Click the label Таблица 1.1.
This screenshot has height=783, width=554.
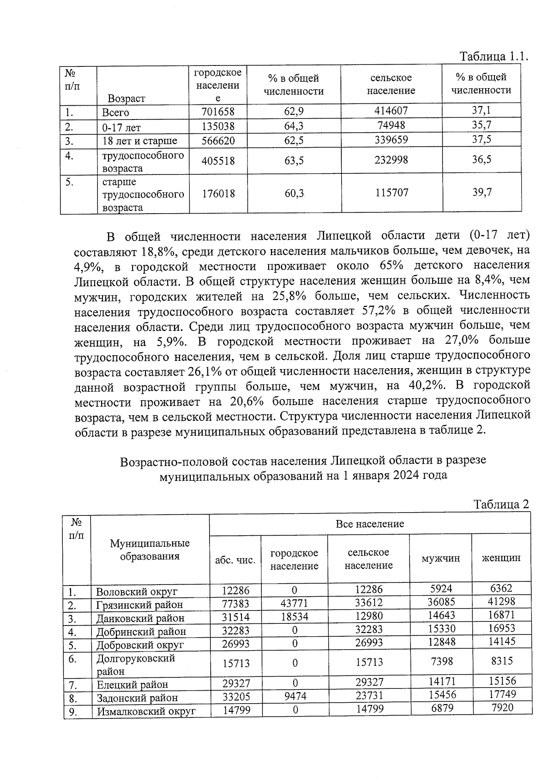pos(493,57)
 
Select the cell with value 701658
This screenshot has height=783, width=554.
pos(218,112)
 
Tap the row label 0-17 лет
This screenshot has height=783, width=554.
pos(121,127)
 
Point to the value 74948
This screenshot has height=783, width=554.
pos(391,125)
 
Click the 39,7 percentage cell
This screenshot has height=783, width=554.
pos(482,192)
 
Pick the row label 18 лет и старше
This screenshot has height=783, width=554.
pos(139,141)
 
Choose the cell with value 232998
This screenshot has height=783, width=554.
pos(391,160)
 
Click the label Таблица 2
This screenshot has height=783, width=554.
pos(501,504)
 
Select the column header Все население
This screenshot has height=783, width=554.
pos(369,524)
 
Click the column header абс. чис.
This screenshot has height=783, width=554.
pos(235,560)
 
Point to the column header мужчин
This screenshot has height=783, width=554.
pos(440,558)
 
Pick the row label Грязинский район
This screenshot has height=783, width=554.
pos(139,604)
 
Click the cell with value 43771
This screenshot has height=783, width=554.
pos(294,603)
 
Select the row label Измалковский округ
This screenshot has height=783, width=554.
pos(146,711)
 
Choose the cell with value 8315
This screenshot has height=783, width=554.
pos(502,661)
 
